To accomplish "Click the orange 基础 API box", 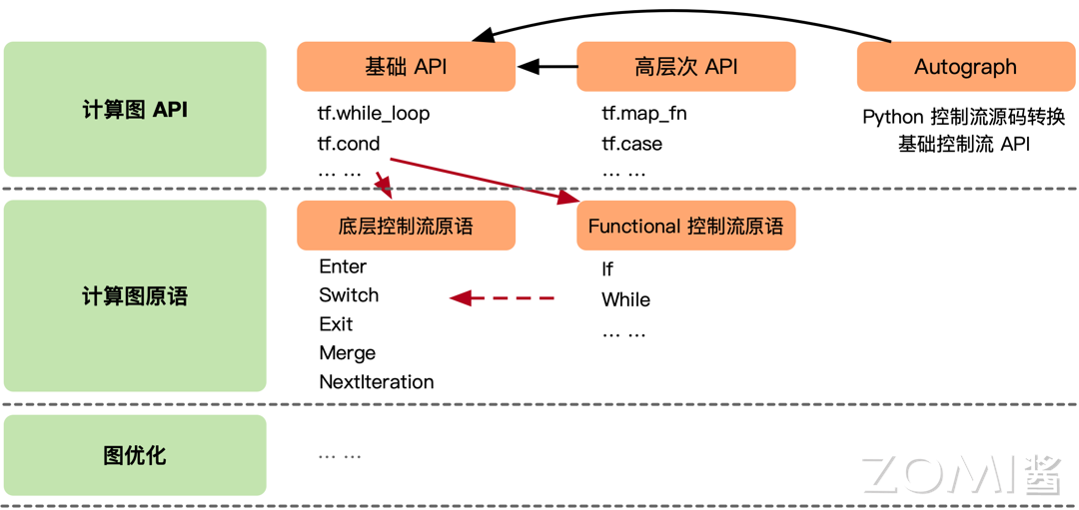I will point(406,67).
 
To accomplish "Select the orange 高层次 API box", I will point(685,67).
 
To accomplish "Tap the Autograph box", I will point(965,67).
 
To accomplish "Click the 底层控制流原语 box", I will point(406,226).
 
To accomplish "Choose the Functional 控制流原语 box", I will point(685,226).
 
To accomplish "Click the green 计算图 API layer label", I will point(135,110).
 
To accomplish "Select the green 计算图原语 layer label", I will point(135,296).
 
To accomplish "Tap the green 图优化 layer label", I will point(135,456).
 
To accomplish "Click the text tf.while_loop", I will point(374,114).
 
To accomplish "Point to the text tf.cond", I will point(349,144).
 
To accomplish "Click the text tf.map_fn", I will point(643,114).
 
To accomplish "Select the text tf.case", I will point(631,144).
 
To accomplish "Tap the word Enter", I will point(343,266).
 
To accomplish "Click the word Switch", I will point(349,295).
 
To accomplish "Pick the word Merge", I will point(347,353).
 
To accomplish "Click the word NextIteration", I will point(376,382).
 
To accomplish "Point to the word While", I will point(625,299).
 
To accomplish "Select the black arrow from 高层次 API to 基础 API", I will point(547,67).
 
